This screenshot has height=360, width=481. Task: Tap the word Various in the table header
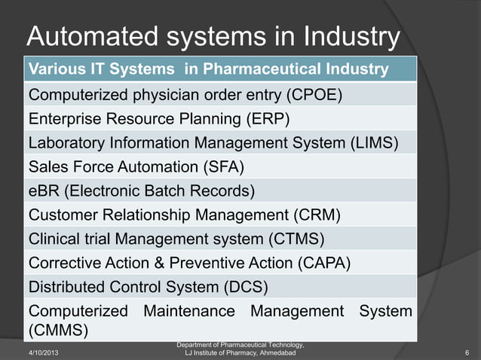coord(54,70)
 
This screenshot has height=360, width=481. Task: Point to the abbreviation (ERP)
coord(264,118)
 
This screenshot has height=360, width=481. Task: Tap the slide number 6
coord(467,352)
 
